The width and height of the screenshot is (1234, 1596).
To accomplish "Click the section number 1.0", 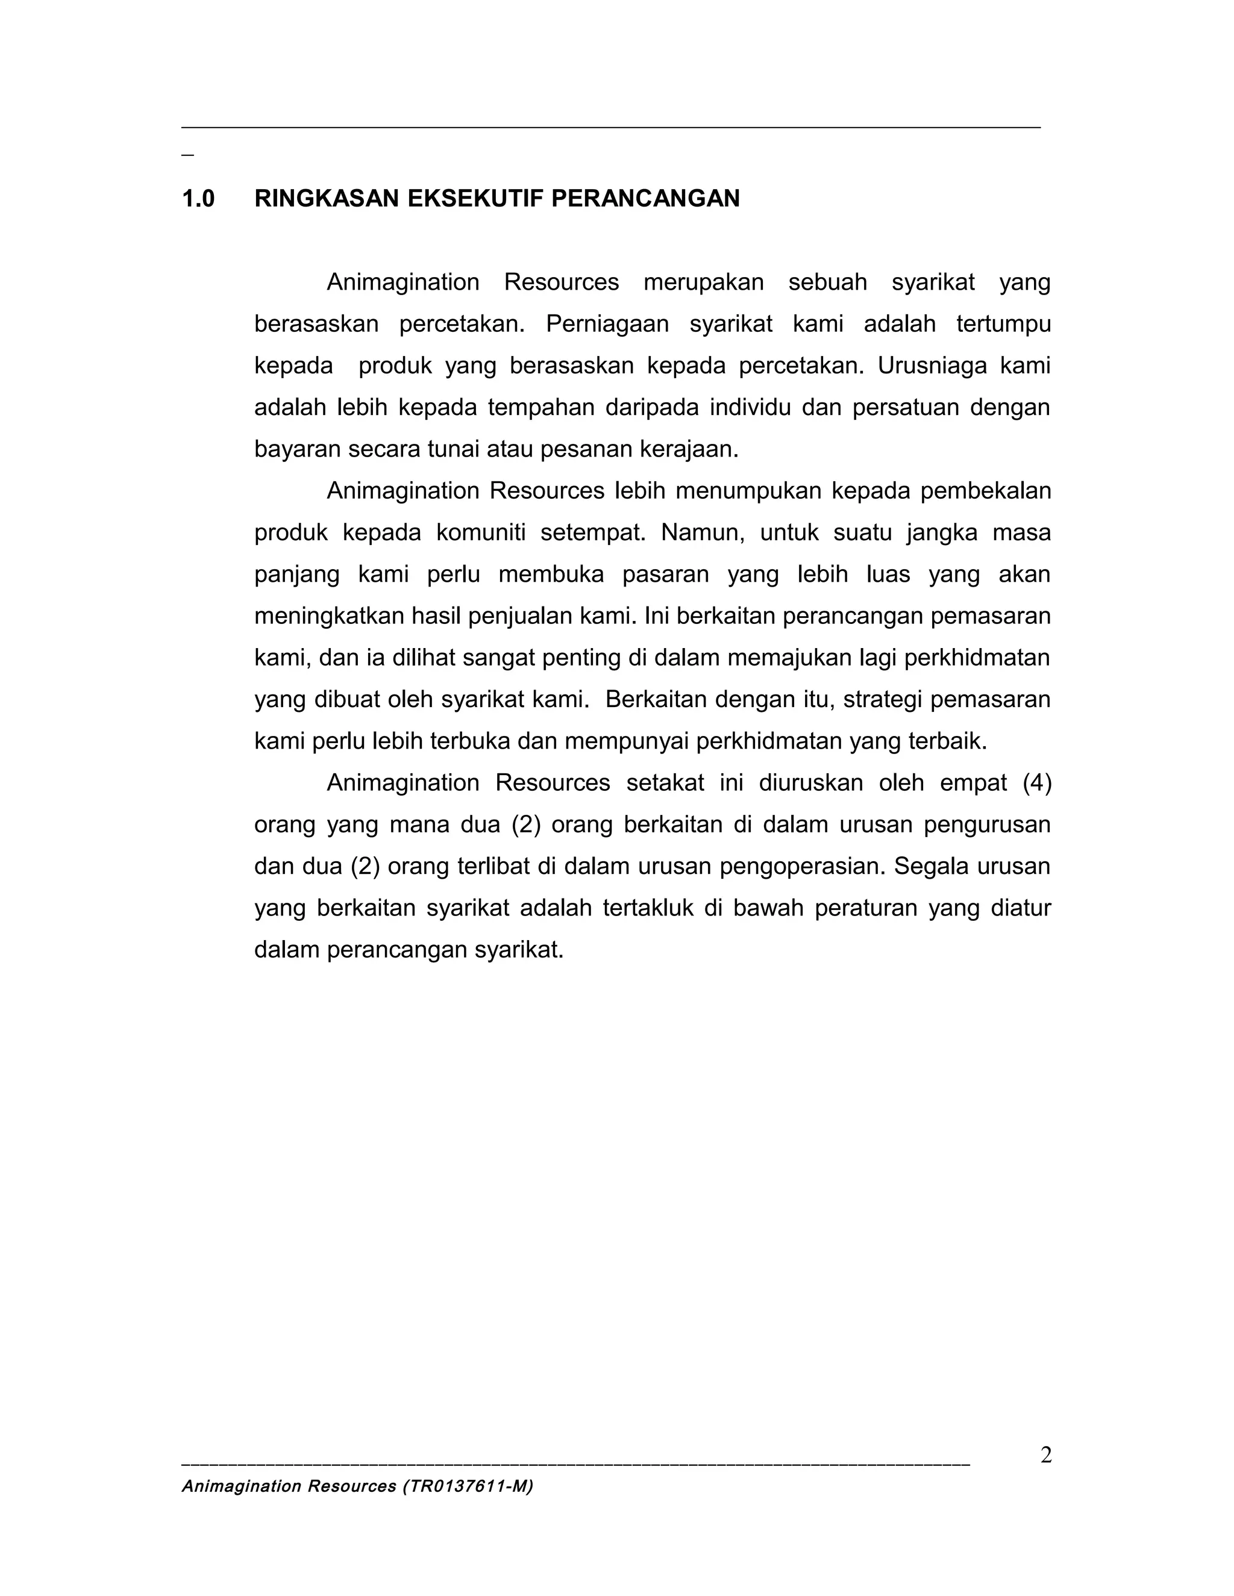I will [198, 199].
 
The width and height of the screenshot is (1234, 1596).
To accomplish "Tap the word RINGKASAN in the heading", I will [326, 199].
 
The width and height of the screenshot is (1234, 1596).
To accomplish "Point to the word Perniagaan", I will [607, 324].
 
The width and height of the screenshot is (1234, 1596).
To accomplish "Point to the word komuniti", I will [480, 533].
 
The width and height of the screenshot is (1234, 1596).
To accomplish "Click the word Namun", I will [703, 533].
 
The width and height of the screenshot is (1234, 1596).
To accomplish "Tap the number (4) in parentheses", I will [1036, 783].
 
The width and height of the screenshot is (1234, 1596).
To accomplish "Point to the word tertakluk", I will [648, 908].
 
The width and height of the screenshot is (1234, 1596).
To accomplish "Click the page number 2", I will [1046, 1456].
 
